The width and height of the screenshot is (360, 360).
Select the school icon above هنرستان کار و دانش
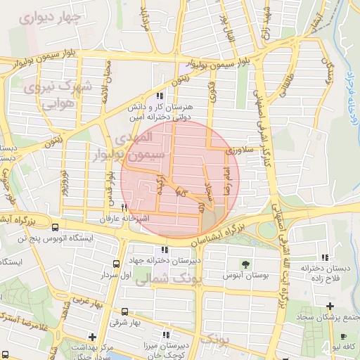pos(161,96)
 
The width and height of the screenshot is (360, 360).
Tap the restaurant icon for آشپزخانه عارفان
pos(124,207)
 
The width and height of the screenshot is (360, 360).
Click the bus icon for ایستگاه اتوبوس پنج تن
pos(56,227)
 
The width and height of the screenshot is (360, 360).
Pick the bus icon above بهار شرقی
pos(124,311)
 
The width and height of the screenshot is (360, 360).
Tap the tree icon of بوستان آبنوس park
pos(245,264)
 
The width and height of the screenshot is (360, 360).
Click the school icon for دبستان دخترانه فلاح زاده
pos(324,257)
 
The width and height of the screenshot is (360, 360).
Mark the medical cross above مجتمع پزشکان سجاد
pos(330,305)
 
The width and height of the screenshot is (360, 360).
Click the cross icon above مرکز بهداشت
pos(92,336)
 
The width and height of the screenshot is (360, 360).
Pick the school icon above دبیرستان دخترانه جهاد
pos(165,249)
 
